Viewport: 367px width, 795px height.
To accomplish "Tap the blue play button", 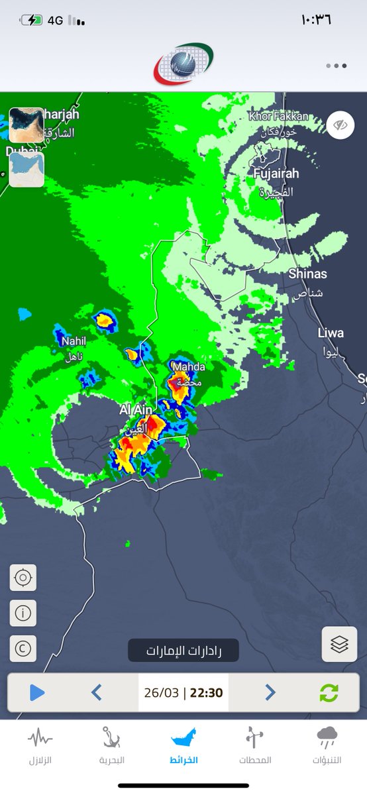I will (37, 693).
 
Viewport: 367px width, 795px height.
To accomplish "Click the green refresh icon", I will (329, 693).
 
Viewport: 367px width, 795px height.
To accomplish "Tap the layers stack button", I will (339, 644).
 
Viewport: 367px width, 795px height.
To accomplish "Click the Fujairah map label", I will (276, 174).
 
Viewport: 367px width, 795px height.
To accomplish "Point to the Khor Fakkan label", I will (279, 117).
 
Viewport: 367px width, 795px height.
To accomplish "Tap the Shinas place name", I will (307, 274).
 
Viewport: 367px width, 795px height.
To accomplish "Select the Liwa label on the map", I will (331, 333).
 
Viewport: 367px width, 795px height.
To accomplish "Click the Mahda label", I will (188, 367).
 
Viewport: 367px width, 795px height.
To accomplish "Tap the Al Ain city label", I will (136, 411).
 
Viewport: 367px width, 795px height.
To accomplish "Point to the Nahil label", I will (74, 341).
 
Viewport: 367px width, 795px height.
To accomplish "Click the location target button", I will (23, 578).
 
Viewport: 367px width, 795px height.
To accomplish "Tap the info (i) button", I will (23, 613).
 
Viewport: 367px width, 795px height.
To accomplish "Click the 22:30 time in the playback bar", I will (206, 693).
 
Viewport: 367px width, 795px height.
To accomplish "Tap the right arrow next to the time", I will (270, 693).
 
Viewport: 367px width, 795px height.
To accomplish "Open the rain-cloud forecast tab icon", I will (327, 737).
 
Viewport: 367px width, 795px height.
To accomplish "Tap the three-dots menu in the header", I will (336, 66).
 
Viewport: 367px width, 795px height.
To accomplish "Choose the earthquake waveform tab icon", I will (40, 737).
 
